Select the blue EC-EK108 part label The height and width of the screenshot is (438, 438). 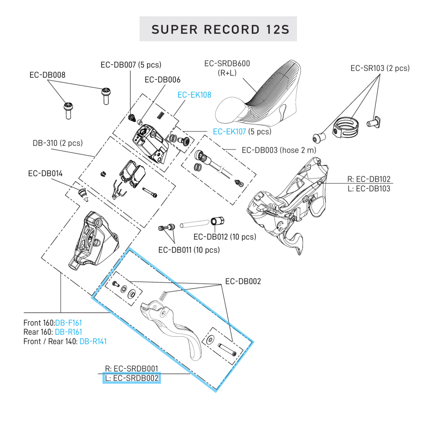coord(194,95)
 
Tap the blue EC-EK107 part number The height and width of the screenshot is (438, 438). coord(229,132)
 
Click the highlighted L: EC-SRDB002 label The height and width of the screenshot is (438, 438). coord(132,378)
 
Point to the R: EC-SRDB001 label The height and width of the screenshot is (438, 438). coord(132,368)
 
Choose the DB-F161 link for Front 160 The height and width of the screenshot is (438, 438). coord(69,323)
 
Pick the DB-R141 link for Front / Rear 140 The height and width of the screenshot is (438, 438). coord(93,341)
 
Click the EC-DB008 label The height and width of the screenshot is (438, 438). coord(47,75)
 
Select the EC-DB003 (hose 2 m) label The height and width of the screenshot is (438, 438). coord(279,150)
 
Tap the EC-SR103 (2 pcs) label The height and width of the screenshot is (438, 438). coord(380,68)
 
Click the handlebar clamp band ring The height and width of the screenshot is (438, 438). coord(346,127)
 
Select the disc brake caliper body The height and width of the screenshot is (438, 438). coord(92,239)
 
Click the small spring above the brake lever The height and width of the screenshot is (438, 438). coord(163,296)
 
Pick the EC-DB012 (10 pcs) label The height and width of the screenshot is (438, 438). coord(225,237)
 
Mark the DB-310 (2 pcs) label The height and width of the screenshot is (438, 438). coord(58,143)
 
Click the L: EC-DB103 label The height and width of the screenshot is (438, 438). coord(369,189)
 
